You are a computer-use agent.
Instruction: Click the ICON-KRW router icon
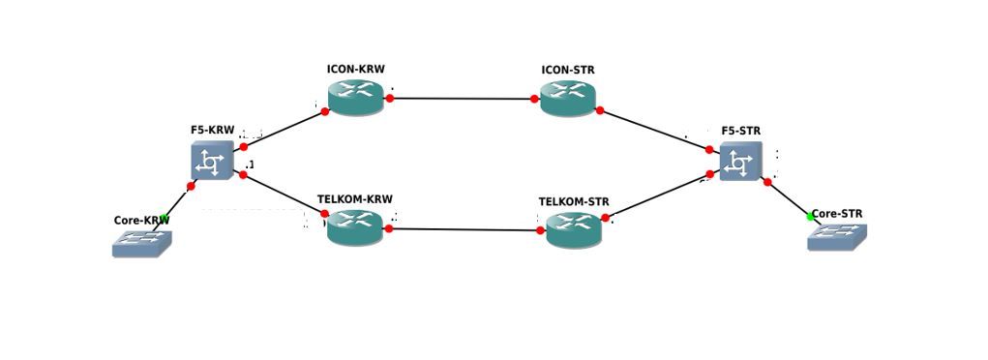[x=355, y=96]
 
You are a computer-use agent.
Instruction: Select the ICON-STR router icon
[x=568, y=97]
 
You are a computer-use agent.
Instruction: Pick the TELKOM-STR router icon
[x=574, y=229]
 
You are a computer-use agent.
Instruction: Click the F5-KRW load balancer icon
[x=212, y=161]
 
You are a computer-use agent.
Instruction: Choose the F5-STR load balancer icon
[x=740, y=162]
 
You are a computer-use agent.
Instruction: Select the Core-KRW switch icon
[x=141, y=243]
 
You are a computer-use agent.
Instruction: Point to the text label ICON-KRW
[x=355, y=70]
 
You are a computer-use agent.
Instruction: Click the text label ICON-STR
[x=568, y=71]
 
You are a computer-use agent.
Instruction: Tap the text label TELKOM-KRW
[x=355, y=199]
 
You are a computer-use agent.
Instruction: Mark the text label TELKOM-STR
[x=574, y=202]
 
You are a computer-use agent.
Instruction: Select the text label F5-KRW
[x=212, y=130]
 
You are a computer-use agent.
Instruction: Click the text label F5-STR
[x=740, y=130]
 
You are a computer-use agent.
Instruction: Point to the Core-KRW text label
[x=141, y=220]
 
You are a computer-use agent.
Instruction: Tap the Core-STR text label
[x=837, y=214]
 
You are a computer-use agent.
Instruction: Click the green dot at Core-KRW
[x=165, y=219]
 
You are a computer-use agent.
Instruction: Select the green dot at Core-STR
[x=811, y=217]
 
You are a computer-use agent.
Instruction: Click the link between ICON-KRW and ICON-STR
[x=462, y=99]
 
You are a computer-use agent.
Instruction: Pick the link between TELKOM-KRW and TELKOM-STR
[x=464, y=230]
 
